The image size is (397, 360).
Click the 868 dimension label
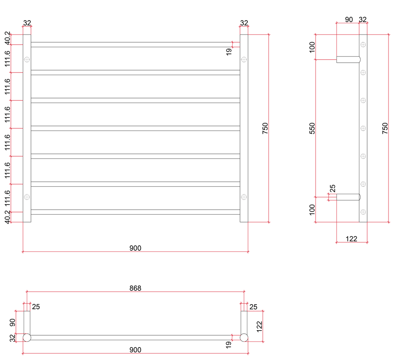(x=135, y=288)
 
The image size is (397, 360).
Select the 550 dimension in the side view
(x=312, y=128)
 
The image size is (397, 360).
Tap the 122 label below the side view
(x=351, y=239)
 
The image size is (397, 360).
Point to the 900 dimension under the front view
(x=135, y=248)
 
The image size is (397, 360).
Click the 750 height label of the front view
(x=265, y=128)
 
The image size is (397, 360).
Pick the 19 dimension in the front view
(x=229, y=51)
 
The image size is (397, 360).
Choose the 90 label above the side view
(x=349, y=19)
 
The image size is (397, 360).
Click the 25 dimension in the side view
(x=332, y=189)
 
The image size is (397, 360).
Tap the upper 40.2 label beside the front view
(x=7, y=39)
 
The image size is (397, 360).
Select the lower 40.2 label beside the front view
(x=7, y=217)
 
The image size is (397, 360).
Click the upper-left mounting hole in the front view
(x=27, y=59)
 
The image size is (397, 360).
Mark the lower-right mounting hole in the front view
(x=244, y=197)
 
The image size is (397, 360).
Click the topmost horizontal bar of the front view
(x=135, y=45)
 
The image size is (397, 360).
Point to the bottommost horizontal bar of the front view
(x=135, y=212)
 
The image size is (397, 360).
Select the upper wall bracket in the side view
(x=348, y=59)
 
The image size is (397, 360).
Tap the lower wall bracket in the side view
(x=348, y=197)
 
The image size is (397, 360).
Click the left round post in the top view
(x=27, y=338)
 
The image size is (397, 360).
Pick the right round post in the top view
(x=244, y=338)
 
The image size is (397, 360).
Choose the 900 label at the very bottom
(x=135, y=350)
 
